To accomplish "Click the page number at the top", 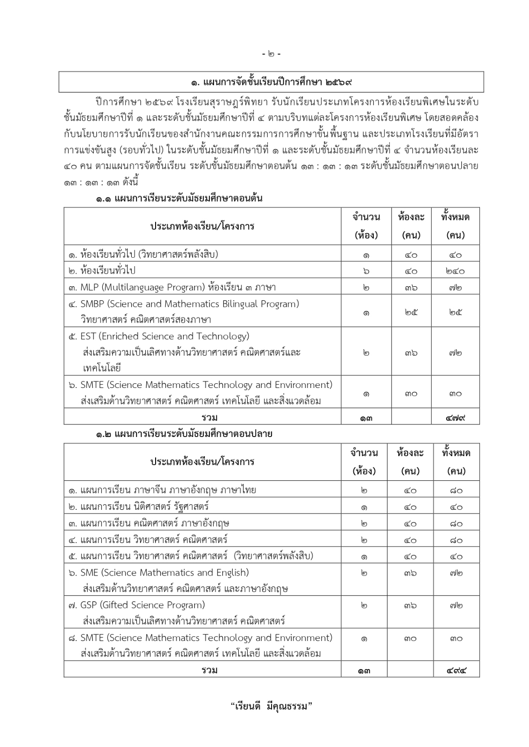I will pyautogui.click(x=271, y=54).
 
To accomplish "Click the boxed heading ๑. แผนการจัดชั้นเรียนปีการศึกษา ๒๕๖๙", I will pyautogui.click(x=271, y=83).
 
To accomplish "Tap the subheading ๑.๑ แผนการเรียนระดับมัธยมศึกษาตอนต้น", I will pyautogui.click(x=179, y=198).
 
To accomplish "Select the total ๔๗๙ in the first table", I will pyautogui.click(x=456, y=417).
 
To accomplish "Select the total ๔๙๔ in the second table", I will pyautogui.click(x=456, y=671).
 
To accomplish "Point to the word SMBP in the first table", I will pyautogui.click(x=92, y=304).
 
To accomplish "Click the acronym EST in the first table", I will pyautogui.click(x=88, y=336).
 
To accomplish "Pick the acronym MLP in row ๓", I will pyautogui.click(x=89, y=287).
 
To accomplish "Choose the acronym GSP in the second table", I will pyautogui.click(x=88, y=605).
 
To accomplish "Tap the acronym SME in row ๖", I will pyautogui.click(x=89, y=572).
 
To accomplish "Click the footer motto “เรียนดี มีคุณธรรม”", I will pyautogui.click(x=271, y=706).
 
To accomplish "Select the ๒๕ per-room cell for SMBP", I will pyautogui.click(x=411, y=312).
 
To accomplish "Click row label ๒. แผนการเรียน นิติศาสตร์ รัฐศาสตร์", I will pyautogui.click(x=138, y=507).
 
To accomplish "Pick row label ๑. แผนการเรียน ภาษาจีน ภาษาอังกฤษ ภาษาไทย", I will pyautogui.click(x=162, y=490).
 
